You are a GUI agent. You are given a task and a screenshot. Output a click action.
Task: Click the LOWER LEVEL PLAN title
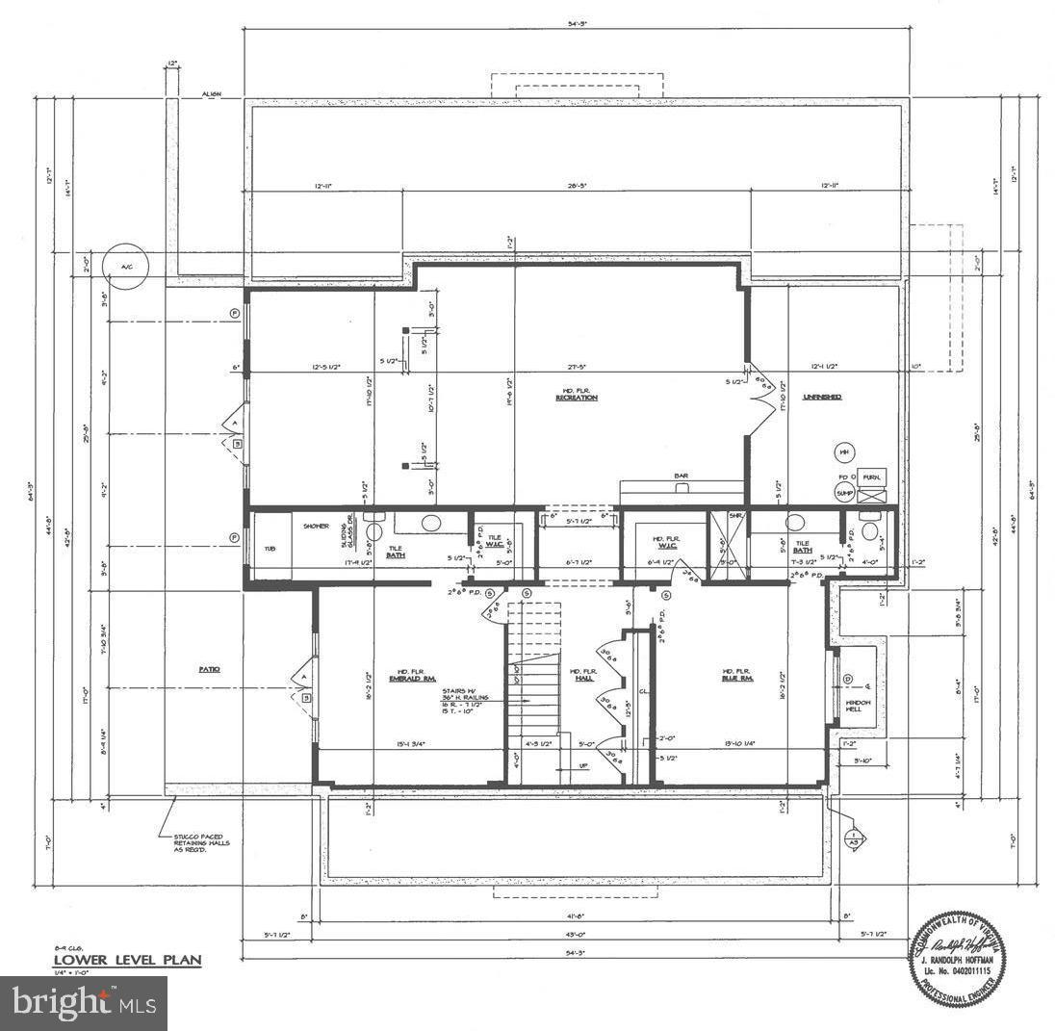coord(126,960)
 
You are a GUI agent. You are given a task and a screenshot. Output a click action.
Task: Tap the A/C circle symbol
coord(126,266)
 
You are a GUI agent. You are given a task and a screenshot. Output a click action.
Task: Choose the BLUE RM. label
coord(736,678)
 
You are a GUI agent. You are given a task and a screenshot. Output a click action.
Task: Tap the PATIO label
coord(209,669)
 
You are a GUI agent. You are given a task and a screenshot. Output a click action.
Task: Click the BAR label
coord(681,476)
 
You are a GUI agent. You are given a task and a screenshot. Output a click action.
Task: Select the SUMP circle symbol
coord(844,492)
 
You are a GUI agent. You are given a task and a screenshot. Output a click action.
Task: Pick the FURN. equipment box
coord(872,477)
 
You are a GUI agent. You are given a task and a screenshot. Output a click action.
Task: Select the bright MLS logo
coord(84,1003)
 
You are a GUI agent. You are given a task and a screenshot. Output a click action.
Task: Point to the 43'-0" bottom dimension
coord(575,934)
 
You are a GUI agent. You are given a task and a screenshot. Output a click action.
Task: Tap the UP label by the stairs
coord(581,766)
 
